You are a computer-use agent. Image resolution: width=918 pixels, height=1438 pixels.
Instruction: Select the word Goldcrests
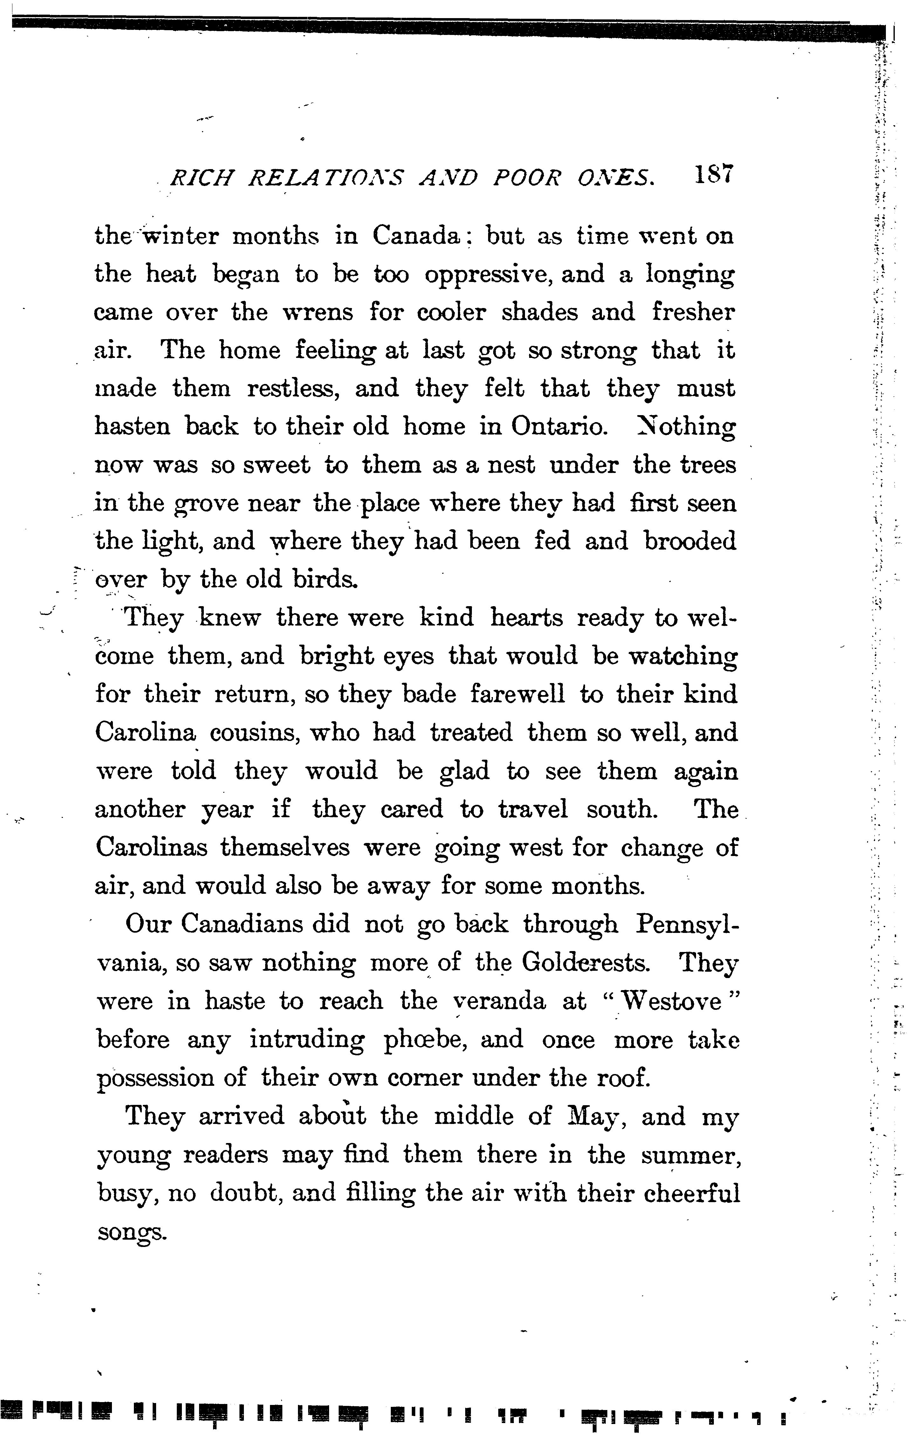586,963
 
